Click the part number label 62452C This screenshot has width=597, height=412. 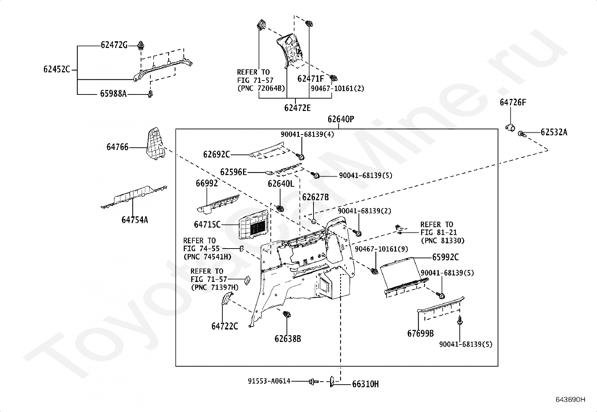pyautogui.click(x=57, y=70)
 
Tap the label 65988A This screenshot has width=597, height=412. pyautogui.click(x=113, y=94)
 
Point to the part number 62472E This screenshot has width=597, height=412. pyautogui.click(x=297, y=108)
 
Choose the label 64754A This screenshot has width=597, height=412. pyautogui.click(x=135, y=220)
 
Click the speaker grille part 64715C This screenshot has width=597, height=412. pyautogui.click(x=253, y=225)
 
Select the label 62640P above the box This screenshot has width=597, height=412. pyautogui.click(x=341, y=119)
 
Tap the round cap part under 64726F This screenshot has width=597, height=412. pyautogui.click(x=510, y=128)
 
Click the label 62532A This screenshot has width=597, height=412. pyautogui.click(x=554, y=132)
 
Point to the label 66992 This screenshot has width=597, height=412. pyautogui.click(x=207, y=183)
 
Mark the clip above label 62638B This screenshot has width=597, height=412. pyautogui.click(x=286, y=314)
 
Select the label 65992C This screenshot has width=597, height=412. pyautogui.click(x=445, y=257)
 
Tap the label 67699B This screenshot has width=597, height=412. pyautogui.click(x=420, y=333)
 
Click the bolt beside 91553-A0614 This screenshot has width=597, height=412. pyautogui.click(x=314, y=382)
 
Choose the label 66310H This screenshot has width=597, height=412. pyautogui.click(x=365, y=384)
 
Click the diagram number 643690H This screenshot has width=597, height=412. pyautogui.click(x=570, y=400)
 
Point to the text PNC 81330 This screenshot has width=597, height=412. pyautogui.click(x=442, y=241)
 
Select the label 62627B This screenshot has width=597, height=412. pyautogui.click(x=315, y=197)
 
